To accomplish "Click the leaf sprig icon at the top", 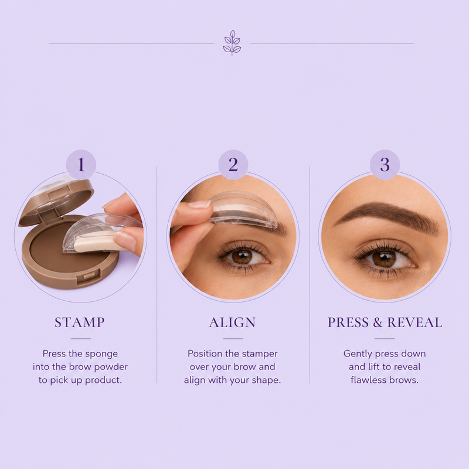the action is (232, 43).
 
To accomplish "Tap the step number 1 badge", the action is (81, 165).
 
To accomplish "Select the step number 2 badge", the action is (233, 165).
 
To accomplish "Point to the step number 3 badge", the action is (385, 165).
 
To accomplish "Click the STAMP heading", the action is (80, 322).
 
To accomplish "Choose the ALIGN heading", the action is (232, 322).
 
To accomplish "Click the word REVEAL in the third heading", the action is (414, 322).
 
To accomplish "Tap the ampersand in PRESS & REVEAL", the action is (378, 322).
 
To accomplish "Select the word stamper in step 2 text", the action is (260, 355).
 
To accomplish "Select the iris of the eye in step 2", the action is (241, 257).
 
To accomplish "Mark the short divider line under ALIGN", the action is (233, 339).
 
